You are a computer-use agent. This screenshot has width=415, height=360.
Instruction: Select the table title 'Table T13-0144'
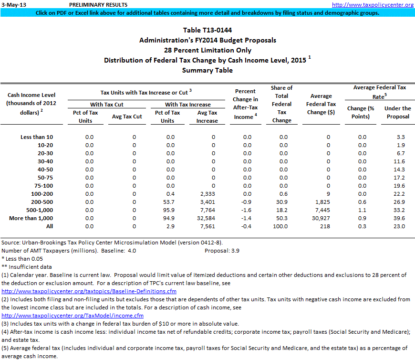[207, 31]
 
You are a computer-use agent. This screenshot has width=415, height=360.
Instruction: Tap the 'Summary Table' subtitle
[207, 70]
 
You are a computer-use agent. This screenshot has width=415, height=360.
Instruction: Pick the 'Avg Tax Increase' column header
[207, 116]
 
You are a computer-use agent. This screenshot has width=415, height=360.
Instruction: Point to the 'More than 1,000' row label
[31, 218]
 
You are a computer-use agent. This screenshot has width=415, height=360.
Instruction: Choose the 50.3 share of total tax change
[283, 218]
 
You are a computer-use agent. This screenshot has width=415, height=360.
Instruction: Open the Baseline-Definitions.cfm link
[89, 291]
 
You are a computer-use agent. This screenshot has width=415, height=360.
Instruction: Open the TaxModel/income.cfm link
[73, 315]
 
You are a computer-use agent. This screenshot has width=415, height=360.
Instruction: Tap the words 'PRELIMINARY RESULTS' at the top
[92, 4]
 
